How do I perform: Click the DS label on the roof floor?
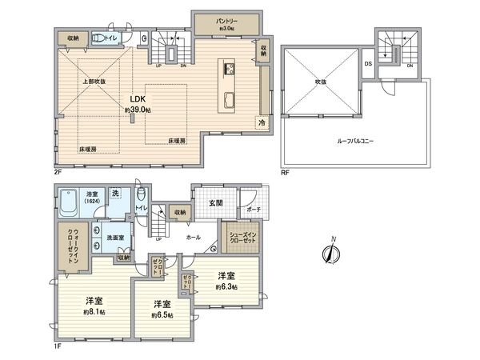pos(367,63)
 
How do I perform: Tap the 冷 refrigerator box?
pos(262,122)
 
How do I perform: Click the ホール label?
pos(193,238)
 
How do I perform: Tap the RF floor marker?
pos(285,170)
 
